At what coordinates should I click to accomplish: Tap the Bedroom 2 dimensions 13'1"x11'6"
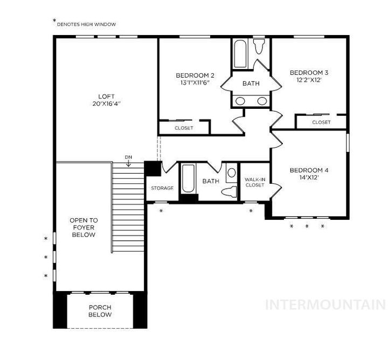[x=195, y=83]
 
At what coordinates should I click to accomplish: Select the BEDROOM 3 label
[x=309, y=72]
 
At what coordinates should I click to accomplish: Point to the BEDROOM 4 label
[x=309, y=170]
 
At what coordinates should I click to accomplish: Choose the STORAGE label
[x=162, y=188]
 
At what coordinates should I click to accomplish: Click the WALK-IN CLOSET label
[x=254, y=182]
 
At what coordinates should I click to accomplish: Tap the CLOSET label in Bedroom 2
[x=184, y=128]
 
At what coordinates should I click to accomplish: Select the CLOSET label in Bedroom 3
[x=321, y=122]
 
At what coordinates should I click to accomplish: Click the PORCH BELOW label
[x=100, y=311]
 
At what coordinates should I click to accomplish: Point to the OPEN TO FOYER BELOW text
[x=84, y=227]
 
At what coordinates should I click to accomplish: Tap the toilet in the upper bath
[x=259, y=47]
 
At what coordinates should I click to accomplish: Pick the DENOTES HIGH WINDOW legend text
[x=86, y=24]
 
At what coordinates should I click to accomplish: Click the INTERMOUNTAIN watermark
[x=325, y=304]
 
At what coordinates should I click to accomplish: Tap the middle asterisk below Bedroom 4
[x=307, y=226]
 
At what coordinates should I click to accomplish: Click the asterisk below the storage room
[x=161, y=211]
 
